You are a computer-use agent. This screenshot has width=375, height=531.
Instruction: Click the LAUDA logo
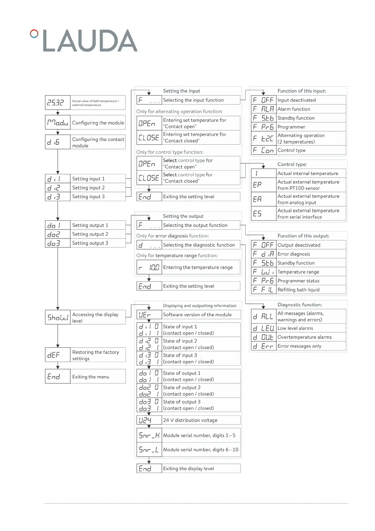pos(90,41)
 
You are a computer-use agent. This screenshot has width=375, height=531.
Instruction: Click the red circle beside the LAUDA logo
pos(34,33)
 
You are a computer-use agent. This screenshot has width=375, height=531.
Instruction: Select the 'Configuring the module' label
pos(98,123)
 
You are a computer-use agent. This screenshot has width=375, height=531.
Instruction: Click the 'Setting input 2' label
pos(88,188)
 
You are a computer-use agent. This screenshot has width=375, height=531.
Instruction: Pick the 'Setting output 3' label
pos(90,243)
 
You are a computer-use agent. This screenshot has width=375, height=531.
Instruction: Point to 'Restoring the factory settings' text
pos(95,355)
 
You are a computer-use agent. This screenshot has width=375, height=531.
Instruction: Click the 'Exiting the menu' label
pos(91,377)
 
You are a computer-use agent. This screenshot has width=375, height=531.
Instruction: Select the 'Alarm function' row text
pos(294,109)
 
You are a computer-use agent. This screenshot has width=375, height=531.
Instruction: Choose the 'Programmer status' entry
pos(298,281)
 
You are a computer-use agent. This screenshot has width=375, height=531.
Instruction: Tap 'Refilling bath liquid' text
pos(298,290)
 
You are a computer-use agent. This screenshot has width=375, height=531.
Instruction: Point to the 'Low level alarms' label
pos(295,329)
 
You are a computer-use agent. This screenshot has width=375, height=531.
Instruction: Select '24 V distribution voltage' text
pos(190,420)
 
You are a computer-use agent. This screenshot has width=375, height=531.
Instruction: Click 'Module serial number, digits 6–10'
pos(201,450)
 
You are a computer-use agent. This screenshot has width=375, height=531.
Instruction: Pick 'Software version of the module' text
pos(197,315)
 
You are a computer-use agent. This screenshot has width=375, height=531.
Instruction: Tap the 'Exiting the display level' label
pos(188,469)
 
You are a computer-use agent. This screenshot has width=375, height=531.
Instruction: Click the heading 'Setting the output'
pos(183,216)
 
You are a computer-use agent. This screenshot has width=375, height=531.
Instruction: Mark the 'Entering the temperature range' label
pos(198,267)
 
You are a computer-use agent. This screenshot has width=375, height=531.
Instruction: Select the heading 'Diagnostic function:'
pos(299,305)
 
